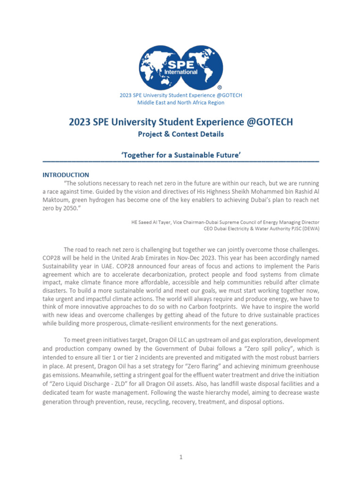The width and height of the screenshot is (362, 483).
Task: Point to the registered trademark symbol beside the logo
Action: coord(219,88)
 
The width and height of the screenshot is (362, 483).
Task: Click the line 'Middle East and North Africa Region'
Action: coord(181,102)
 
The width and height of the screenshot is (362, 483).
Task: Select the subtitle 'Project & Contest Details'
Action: coord(181,134)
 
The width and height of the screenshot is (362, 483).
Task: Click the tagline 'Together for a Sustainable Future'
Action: coord(181,155)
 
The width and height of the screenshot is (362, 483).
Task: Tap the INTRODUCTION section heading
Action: coord(66,175)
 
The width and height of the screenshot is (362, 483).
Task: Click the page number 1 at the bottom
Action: coord(181,457)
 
